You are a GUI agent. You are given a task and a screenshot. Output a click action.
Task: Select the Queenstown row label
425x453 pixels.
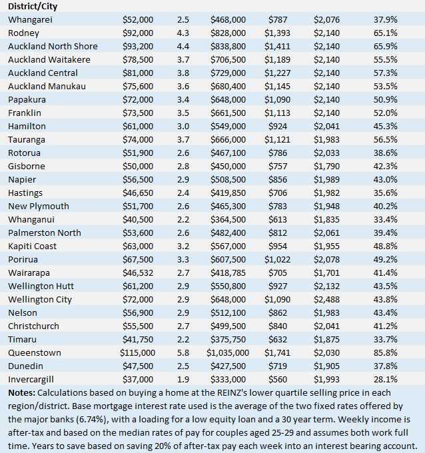pyautogui.click(x=35, y=352)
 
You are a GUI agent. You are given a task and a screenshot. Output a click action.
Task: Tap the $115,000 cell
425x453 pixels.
pyautogui.click(x=137, y=352)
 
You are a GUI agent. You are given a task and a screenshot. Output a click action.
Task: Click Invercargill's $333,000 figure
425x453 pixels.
pyautogui.click(x=231, y=379)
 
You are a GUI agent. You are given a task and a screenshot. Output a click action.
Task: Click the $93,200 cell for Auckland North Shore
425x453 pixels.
pyautogui.click(x=139, y=46)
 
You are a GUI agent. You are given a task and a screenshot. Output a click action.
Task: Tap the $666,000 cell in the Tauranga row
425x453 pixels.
pyautogui.click(x=231, y=139)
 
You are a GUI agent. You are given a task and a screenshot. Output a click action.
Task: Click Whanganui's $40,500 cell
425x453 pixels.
pyautogui.click(x=139, y=219)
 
